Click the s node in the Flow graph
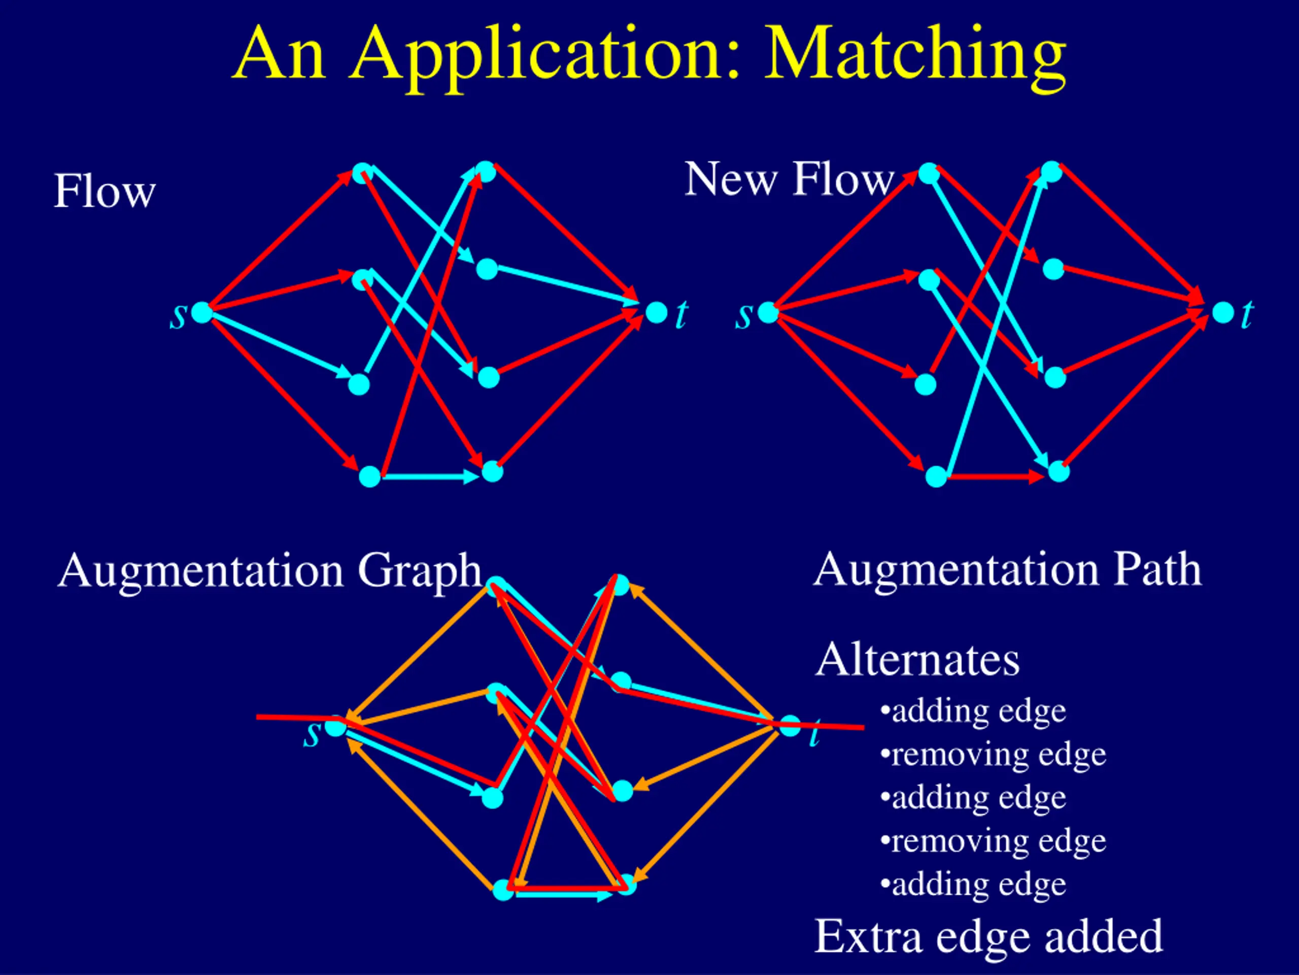pyautogui.click(x=201, y=312)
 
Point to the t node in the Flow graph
pyautogui.click(x=656, y=312)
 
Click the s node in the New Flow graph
pyautogui.click(x=768, y=312)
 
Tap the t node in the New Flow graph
pyautogui.click(x=1223, y=312)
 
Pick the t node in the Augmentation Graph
pyautogui.click(x=790, y=726)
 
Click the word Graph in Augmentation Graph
pyautogui.click(x=419, y=571)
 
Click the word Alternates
pyautogui.click(x=917, y=660)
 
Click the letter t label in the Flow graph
pyautogui.click(x=681, y=315)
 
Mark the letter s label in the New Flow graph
pyautogui.click(x=743, y=316)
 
